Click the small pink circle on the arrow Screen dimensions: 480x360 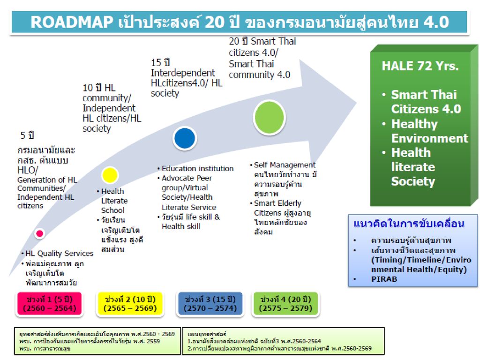click(x=39, y=233)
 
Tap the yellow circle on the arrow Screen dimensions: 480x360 click(x=110, y=175)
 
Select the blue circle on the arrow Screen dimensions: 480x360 click(x=184, y=138)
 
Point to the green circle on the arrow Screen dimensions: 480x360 click(x=270, y=118)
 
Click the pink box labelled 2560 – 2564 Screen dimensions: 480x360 click(x=50, y=304)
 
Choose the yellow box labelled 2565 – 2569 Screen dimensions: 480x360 click(x=130, y=304)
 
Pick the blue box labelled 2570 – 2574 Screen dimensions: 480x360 click(x=210, y=304)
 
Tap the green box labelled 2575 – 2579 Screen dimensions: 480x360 click(x=285, y=304)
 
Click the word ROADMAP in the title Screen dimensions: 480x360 click(x=72, y=22)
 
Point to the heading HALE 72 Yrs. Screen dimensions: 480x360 click(x=420, y=66)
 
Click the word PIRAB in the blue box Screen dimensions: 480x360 click(x=384, y=279)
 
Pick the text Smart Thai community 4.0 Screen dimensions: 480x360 click(x=259, y=69)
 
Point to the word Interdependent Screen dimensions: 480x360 click(x=183, y=73)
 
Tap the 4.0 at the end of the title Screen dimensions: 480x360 click(x=436, y=22)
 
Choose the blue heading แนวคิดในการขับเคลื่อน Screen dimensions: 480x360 click(x=409, y=224)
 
